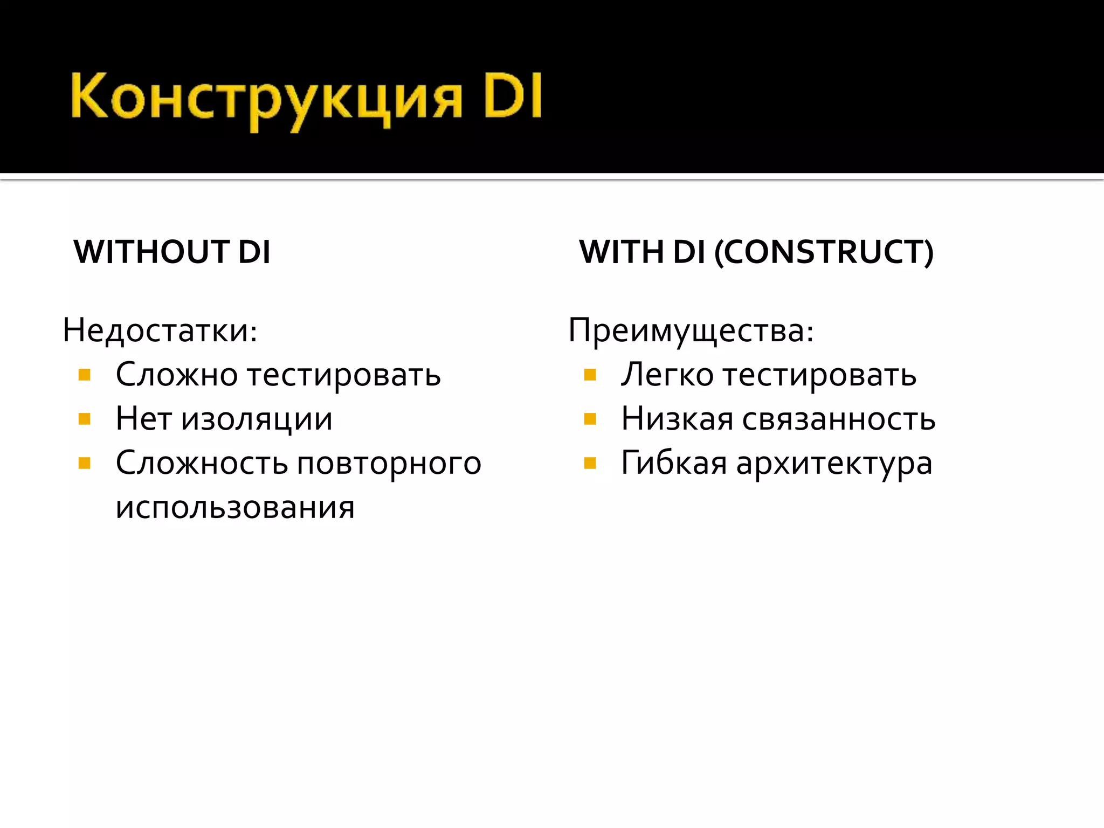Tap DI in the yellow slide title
pos(513,97)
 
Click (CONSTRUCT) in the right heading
pos(824,252)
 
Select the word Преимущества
pos(691,330)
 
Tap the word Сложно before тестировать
pos(177,375)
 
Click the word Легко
pos(667,375)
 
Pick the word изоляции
pos(257,419)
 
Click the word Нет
pos(143,419)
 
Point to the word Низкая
pos(677,419)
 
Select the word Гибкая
pos(674,463)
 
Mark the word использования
pos(235,507)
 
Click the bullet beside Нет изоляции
pos(85,419)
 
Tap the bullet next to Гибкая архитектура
pos(590,463)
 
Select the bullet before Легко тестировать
pos(590,375)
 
